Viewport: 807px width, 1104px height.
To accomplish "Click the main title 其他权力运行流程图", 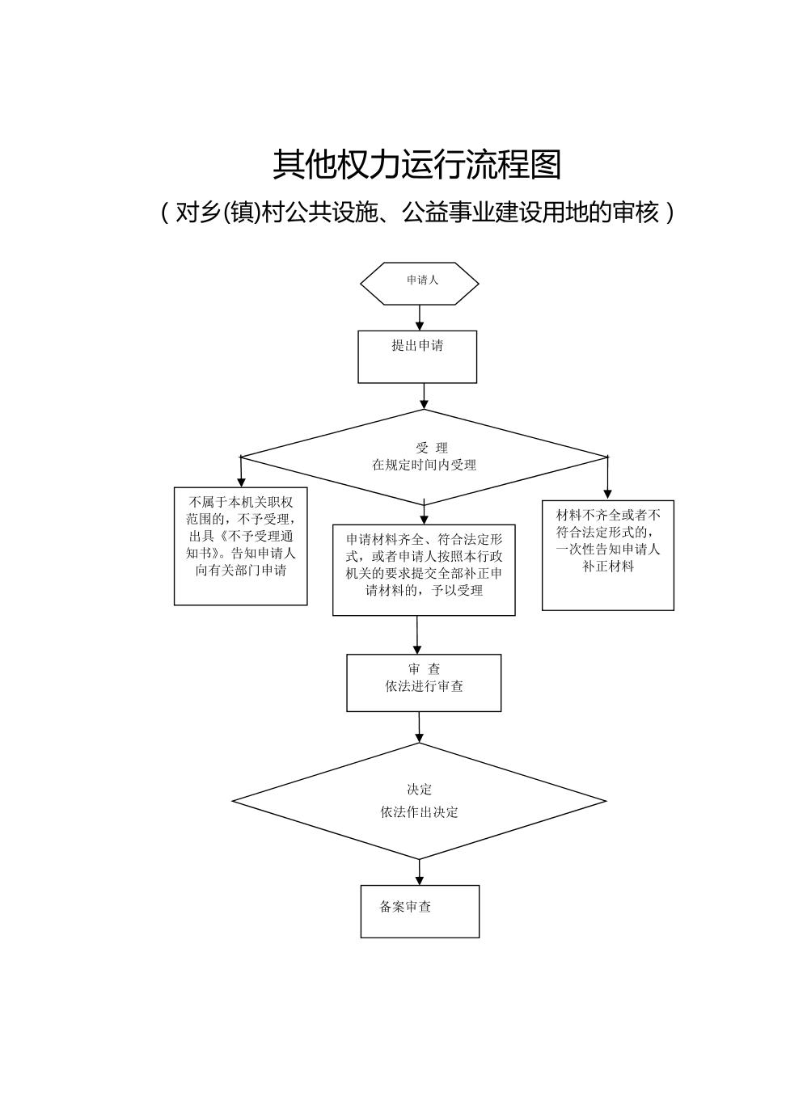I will click(416, 165).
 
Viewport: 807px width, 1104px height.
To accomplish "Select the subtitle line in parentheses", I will click(416, 212).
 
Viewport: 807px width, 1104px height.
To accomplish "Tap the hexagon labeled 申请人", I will click(419, 283).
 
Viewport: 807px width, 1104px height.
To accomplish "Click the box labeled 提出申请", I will click(417, 356).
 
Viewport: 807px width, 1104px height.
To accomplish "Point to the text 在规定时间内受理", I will click(424, 465).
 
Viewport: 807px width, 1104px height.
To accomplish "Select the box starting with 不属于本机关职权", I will click(241, 545).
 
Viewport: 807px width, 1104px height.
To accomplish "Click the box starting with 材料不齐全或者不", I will click(608, 554).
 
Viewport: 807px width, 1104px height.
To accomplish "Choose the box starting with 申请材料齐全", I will click(424, 569).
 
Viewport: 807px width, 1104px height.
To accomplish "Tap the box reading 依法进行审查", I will click(424, 683).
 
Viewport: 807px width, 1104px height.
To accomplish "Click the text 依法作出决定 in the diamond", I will click(419, 812).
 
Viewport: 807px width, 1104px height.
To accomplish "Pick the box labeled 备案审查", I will click(420, 911).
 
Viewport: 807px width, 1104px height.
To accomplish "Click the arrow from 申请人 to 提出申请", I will click(420, 317).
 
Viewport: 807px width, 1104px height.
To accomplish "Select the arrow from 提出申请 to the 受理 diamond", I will click(424, 396).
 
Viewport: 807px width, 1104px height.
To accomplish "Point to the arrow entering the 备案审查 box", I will click(420, 872).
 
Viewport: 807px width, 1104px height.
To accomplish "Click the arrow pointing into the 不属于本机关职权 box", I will click(241, 472).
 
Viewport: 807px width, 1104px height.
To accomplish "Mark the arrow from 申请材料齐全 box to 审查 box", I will click(417, 635).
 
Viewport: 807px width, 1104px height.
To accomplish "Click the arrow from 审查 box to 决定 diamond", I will click(419, 727).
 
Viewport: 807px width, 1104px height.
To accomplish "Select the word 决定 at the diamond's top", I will click(419, 790).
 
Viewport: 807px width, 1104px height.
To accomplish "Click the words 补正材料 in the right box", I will click(608, 567).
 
